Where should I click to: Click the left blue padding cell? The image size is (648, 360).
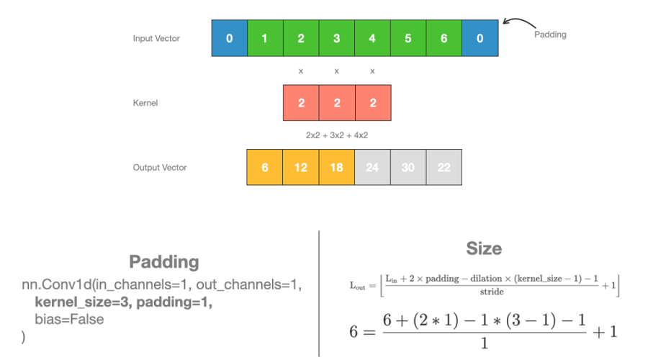229,38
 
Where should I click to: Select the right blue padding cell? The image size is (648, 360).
480,38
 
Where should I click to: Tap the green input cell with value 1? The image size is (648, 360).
265,38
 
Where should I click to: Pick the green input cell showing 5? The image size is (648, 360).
408,38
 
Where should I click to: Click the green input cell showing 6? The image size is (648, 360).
444,38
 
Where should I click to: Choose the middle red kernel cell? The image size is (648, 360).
337,103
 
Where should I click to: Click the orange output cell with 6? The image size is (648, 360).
265,167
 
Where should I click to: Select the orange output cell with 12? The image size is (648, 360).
301,167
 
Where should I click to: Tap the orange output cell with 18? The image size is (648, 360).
337,167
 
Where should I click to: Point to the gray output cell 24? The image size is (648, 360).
372,167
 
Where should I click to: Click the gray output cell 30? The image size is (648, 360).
408,167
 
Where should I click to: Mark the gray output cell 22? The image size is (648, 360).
444,167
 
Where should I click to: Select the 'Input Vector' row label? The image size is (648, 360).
156,38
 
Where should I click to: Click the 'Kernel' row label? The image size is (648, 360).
145,103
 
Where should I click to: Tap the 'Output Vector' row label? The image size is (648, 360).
160,168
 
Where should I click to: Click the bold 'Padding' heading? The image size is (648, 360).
164,261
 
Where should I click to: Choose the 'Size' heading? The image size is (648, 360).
484,248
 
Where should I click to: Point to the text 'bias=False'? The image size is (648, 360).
69,319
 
